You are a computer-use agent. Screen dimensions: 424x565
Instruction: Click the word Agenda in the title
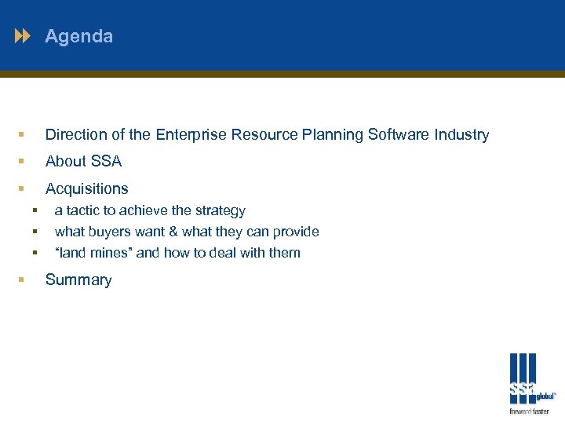[78, 36]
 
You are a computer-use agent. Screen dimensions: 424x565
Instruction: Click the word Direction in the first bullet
[75, 135]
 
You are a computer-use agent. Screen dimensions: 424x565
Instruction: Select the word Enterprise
[188, 135]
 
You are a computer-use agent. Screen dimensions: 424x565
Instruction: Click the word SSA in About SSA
[106, 162]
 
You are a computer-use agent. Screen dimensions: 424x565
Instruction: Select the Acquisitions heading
[86, 188]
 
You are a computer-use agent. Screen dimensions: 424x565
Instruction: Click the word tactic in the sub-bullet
[82, 210]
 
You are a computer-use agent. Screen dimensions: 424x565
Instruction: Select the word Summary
[78, 280]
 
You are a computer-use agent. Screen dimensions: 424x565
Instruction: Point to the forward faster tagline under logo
[530, 411]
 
